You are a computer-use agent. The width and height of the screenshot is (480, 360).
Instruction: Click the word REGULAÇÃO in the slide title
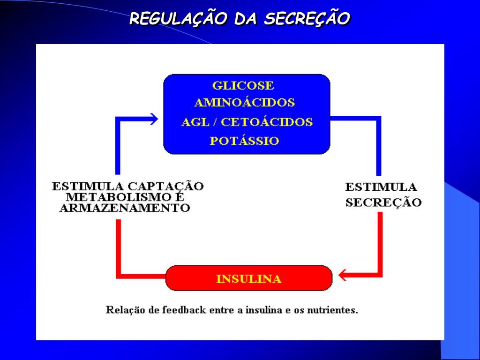point(178,19)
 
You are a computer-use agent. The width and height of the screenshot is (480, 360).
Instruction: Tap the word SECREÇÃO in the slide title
point(307,19)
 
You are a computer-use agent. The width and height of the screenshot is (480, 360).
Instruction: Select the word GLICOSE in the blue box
point(243,86)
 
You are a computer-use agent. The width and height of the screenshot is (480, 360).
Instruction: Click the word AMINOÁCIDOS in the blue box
point(244,103)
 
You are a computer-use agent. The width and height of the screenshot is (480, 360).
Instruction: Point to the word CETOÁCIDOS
point(267,122)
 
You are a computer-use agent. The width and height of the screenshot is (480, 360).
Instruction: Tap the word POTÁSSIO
point(244,141)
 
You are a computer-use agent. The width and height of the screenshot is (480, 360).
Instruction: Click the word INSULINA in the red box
point(249,279)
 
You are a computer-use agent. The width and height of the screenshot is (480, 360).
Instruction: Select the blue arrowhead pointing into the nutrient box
point(152,119)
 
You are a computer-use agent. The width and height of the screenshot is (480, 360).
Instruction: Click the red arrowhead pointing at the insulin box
point(344,274)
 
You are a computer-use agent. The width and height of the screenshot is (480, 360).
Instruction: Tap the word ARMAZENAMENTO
point(125,208)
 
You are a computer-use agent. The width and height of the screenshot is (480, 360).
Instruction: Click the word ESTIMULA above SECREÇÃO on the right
point(381,187)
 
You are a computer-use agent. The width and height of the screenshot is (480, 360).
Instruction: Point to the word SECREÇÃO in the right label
point(383,202)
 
